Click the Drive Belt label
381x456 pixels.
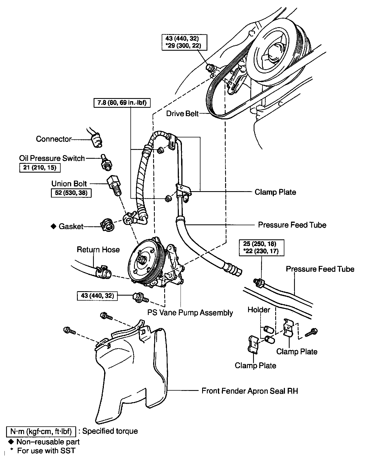[x=182, y=114]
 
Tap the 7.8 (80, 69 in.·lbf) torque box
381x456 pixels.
[x=122, y=103]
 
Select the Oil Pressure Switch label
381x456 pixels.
[x=52, y=158]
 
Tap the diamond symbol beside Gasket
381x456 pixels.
[x=53, y=226]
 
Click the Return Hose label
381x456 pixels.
[x=98, y=250]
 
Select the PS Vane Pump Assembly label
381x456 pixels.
[x=190, y=313]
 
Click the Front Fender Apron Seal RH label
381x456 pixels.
[x=249, y=391]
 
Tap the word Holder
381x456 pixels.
[x=259, y=309]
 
